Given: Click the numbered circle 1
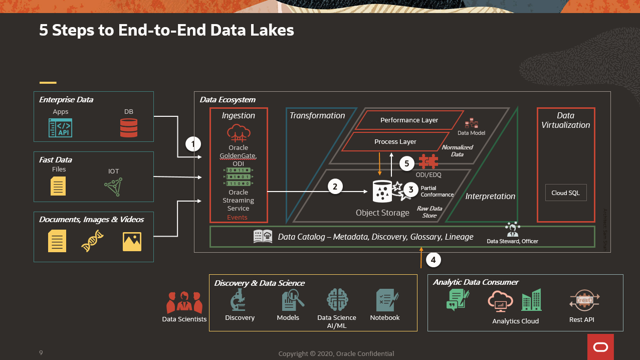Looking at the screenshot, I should coord(193,144).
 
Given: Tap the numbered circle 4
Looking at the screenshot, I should coord(434,260).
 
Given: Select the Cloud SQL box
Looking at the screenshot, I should coord(566,193).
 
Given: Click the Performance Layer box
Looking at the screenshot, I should coord(409,120).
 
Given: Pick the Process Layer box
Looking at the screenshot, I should coord(395,142).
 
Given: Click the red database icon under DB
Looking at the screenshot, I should coord(129,127).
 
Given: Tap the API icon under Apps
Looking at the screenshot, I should coord(60,128).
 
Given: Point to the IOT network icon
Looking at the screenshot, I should coord(113,187).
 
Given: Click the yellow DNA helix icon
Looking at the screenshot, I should coord(93,241).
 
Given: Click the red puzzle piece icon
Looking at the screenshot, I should coord(429,162).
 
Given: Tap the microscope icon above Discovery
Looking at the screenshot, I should coord(238,301).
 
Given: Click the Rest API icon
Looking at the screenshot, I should coord(584,301).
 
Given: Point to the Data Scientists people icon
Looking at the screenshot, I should coord(184,303).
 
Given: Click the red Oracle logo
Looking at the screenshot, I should coord(600,347).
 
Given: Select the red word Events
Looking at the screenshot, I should coord(237,217).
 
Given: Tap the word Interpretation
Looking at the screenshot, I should coord(490,196).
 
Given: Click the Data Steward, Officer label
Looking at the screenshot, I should coord(512,241).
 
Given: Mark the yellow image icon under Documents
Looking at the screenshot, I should coord(132,241).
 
